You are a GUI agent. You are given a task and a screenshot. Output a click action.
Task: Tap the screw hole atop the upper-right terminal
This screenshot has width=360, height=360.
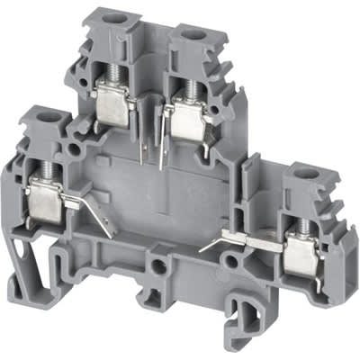[192, 34]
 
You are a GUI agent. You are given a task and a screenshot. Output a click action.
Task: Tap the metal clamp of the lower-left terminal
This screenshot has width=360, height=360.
[45, 199]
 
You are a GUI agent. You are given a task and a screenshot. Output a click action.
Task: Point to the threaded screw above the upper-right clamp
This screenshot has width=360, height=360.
[191, 85]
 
